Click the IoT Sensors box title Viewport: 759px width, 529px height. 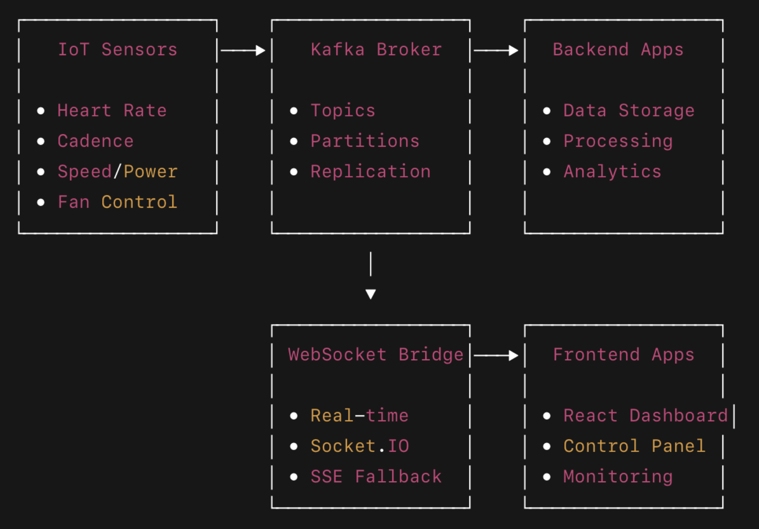[x=117, y=50]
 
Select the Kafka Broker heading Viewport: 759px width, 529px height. [x=376, y=50]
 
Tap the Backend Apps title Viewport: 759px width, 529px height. [x=618, y=50]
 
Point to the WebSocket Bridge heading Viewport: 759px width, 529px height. [x=375, y=355]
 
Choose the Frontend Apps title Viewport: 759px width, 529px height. [x=623, y=355]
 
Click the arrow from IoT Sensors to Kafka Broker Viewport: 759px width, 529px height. [x=243, y=50]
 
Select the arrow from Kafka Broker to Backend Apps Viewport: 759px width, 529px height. [x=496, y=50]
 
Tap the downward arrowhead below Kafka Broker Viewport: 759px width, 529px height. [x=371, y=294]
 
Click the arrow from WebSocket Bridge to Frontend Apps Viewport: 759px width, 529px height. [x=496, y=355]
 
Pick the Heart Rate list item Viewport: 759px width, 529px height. [x=112, y=110]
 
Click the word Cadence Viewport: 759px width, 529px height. [x=95, y=141]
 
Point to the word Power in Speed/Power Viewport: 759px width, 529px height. [x=150, y=171]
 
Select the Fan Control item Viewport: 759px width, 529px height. [x=117, y=202]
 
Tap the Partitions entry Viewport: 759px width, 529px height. [x=365, y=141]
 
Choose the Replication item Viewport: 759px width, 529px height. [x=370, y=171]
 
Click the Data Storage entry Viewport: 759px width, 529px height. [x=629, y=110]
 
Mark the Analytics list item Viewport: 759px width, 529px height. [x=612, y=171]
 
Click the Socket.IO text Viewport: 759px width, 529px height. [x=359, y=446]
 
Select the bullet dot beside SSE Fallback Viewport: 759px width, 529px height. [x=294, y=477]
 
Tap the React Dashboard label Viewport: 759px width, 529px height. [x=645, y=416]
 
